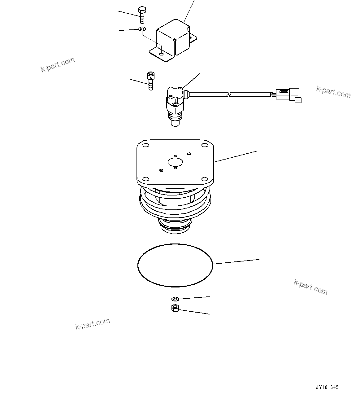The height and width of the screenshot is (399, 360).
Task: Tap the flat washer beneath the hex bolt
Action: (x=142, y=29)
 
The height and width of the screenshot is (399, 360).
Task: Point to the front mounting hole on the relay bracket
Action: (x=161, y=54)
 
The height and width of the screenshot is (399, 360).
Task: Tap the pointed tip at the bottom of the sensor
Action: (x=175, y=124)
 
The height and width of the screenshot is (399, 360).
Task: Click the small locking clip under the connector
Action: (x=298, y=100)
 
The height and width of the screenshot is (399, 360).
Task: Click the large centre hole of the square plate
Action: (x=175, y=162)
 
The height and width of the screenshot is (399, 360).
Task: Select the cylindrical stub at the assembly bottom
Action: (x=175, y=226)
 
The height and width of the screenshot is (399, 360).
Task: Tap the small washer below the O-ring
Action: (x=175, y=299)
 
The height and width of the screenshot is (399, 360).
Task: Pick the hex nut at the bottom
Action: (x=175, y=308)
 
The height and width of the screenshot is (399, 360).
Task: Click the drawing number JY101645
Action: (x=327, y=387)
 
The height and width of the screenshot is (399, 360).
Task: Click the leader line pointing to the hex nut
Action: (x=195, y=312)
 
